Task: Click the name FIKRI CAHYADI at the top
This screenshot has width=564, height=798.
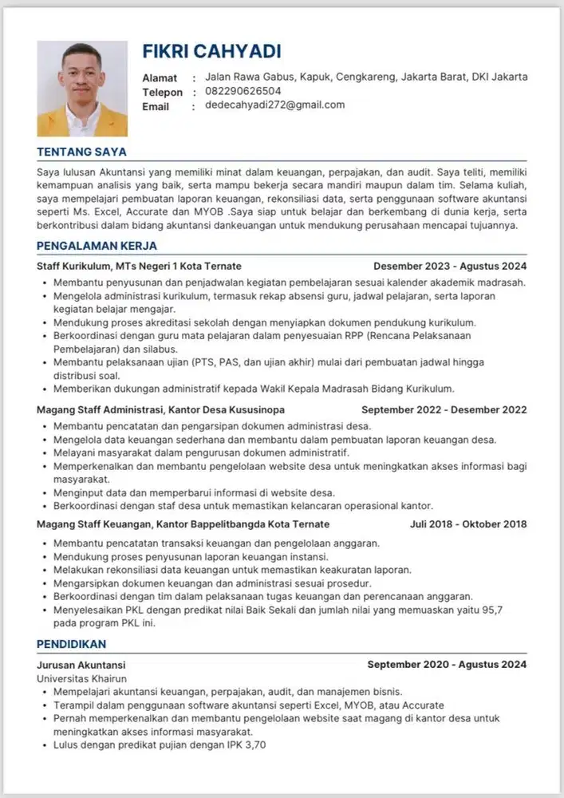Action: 211,52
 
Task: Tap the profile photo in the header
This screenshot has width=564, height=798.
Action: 71,89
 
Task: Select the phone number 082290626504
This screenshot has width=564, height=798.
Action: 243,91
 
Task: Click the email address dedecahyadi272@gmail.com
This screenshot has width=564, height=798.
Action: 275,105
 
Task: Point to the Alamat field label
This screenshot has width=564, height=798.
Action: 160,78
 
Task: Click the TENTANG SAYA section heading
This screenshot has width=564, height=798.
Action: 81,152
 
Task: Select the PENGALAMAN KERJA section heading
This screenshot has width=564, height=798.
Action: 97,246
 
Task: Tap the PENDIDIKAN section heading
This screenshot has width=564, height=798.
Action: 72,643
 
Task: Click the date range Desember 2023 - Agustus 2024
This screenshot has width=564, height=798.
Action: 450,266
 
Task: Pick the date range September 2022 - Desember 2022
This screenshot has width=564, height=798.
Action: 444,410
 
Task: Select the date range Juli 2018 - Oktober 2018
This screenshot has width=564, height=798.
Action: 468,524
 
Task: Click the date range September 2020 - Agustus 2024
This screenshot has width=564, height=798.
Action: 447,664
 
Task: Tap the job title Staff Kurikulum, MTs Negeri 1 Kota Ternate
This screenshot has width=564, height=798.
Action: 139,266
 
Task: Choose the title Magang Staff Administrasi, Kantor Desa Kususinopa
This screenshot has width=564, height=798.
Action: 160,410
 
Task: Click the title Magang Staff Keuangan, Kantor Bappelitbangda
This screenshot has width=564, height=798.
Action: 183,524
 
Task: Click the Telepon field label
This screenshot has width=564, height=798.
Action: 163,93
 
